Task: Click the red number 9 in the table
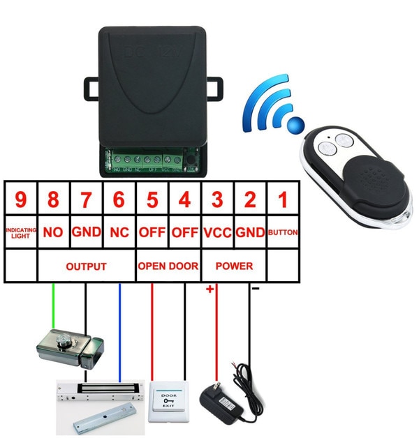click(x=20, y=201)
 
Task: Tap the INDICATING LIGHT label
click(x=20, y=233)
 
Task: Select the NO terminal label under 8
click(x=53, y=233)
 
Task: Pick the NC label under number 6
click(x=119, y=233)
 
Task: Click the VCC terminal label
click(x=217, y=233)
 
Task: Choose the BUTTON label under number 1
click(x=282, y=233)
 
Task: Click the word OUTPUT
click(x=86, y=266)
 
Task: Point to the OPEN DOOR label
click(x=168, y=266)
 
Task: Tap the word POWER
click(x=234, y=266)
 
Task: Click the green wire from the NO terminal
click(x=53, y=307)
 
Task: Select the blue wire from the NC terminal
click(x=119, y=328)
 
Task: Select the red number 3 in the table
click(x=217, y=201)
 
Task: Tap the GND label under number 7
click(x=86, y=233)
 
